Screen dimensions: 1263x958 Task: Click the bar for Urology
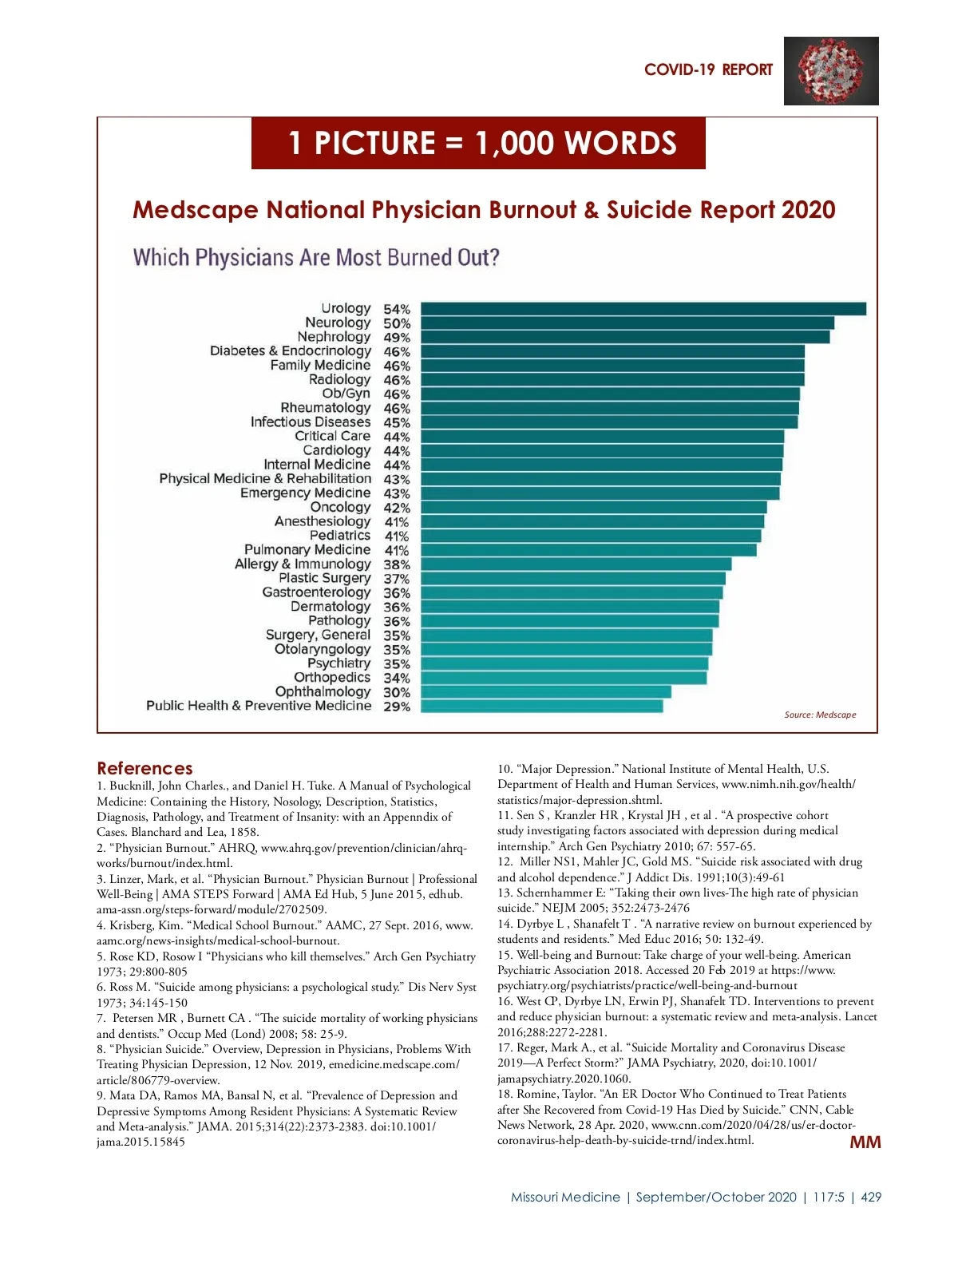643,309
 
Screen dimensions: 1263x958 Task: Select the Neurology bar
627,323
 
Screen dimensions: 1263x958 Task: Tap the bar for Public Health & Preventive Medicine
541,707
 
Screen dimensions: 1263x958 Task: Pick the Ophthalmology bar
546,692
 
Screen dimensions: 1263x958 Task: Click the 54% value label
397,309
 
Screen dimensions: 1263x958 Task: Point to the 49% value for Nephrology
397,338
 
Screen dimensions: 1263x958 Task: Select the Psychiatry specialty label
339,663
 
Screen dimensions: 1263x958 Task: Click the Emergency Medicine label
306,493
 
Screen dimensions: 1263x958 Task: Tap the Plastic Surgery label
325,578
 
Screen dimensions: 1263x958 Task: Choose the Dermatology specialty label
331,607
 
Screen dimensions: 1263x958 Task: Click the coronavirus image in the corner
831,71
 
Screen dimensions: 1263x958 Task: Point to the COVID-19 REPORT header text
708,70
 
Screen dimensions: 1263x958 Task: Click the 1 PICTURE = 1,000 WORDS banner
478,144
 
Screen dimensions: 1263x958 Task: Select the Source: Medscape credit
820,715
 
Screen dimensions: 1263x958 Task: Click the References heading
144,768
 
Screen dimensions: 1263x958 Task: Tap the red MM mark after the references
865,1142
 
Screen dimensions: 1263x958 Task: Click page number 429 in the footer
871,1198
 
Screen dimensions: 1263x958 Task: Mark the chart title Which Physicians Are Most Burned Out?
316,258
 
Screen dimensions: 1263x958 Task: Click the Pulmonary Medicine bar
588,550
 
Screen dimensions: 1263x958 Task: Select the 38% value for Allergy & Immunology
397,564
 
